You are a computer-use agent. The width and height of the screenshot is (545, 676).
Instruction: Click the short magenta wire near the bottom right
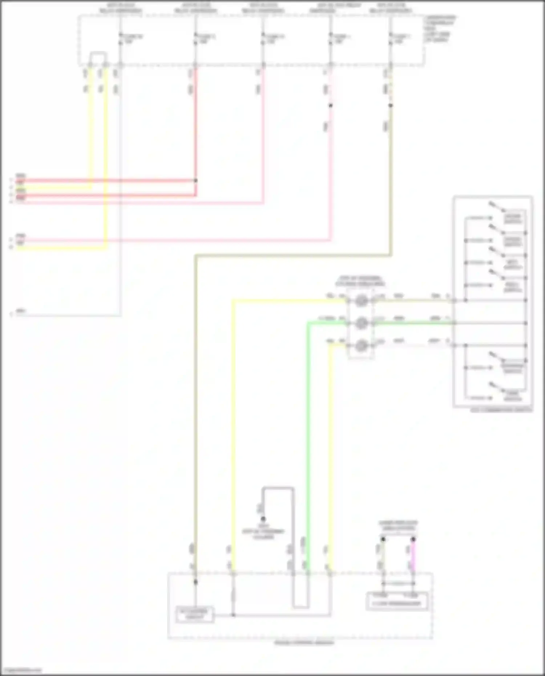pos(413,556)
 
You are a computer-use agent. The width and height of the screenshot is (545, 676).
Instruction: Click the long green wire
pos(307,436)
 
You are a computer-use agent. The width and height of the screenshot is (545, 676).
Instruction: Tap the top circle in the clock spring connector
pos(361,301)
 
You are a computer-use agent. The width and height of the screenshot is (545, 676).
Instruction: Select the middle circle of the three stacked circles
pos(361,323)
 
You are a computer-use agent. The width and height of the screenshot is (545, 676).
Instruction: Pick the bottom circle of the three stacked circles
pos(361,345)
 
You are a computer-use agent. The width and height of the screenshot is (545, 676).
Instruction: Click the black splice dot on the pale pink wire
pos(330,106)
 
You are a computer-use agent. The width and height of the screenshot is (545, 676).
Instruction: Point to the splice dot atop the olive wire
pos(391,106)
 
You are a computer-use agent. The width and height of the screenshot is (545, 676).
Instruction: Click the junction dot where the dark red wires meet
pos(196,181)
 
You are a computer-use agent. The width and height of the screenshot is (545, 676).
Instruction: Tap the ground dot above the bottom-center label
pos(263,519)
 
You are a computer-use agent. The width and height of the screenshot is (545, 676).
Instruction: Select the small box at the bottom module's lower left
pos(194,614)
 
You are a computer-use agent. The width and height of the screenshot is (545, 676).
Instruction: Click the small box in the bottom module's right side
pos(397,603)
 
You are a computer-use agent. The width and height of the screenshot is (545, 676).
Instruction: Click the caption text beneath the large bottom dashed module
pos(304,643)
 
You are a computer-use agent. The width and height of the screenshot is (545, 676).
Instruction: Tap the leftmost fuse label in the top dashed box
pos(132,39)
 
